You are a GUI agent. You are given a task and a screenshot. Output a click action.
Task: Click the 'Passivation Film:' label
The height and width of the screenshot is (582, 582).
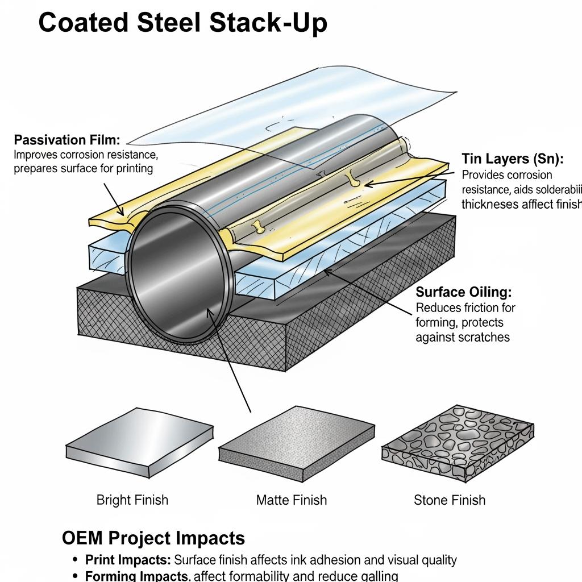coord(67,140)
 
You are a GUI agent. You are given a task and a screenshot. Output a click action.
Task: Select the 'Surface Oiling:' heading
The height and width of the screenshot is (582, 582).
coord(464,292)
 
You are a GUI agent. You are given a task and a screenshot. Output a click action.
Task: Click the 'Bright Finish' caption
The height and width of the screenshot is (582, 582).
coord(132,500)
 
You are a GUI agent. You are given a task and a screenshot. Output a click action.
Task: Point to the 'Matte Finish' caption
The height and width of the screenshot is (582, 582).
coord(292,500)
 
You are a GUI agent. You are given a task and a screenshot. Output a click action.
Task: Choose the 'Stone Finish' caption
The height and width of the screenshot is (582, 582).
coord(450,500)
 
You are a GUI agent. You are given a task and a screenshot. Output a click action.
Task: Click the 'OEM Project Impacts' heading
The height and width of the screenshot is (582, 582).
coord(153,538)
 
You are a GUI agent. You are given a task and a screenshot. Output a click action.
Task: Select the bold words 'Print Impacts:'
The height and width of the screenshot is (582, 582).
coord(128,560)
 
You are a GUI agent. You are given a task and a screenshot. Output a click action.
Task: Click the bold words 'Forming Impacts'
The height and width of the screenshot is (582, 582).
coord(137,576)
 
